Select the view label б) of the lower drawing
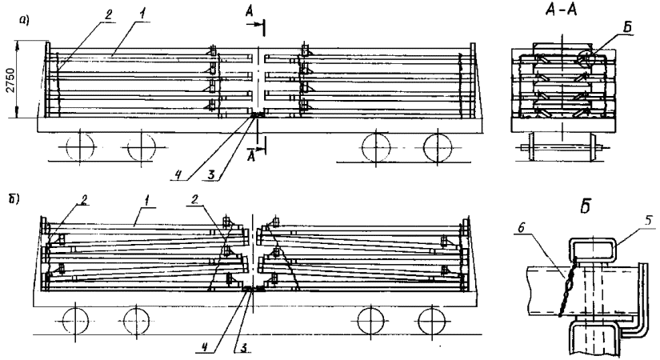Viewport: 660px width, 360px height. pos(15,195)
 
